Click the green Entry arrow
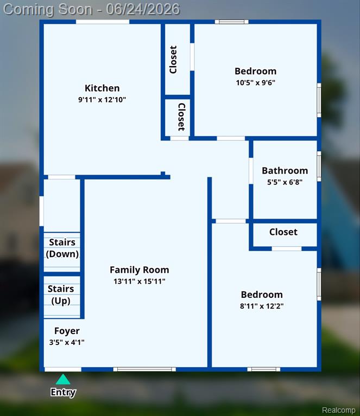(x=63, y=379)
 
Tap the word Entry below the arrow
(x=63, y=392)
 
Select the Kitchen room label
(x=102, y=88)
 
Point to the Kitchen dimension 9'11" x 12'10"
(x=102, y=100)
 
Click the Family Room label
(x=140, y=270)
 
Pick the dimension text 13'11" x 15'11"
(x=140, y=281)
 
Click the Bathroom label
(x=285, y=171)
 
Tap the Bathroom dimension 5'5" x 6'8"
(x=285, y=182)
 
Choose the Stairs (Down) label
(x=62, y=248)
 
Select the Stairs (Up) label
(x=61, y=295)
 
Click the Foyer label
(x=67, y=331)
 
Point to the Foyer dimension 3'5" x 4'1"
(x=67, y=343)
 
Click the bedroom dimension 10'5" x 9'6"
(x=256, y=83)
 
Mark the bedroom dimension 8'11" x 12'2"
(x=262, y=306)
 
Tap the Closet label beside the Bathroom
(x=283, y=232)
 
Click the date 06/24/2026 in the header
(x=143, y=9)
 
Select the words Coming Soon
(x=48, y=10)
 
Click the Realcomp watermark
(x=338, y=410)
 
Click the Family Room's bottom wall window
(x=144, y=369)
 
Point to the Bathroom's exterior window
(x=319, y=167)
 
